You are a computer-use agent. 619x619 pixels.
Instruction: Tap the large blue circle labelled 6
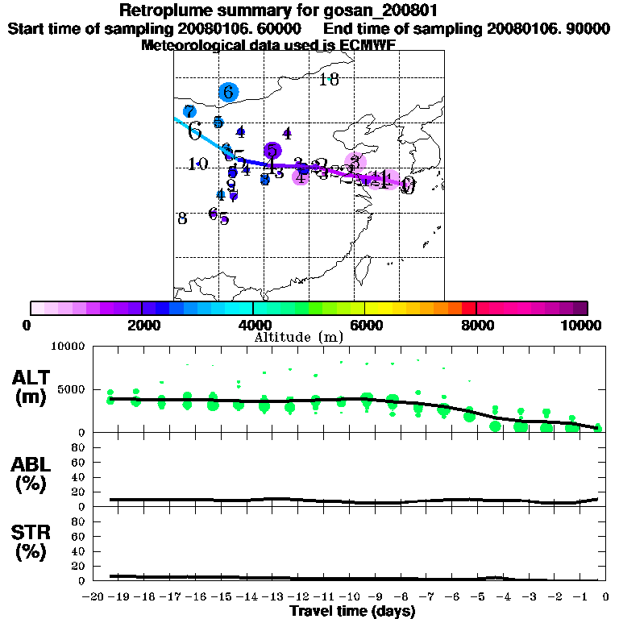click(x=229, y=92)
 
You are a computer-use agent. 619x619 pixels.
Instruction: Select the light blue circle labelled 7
click(x=189, y=112)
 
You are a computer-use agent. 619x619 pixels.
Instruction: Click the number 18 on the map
click(x=328, y=79)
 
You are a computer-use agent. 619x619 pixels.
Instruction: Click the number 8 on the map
click(x=183, y=218)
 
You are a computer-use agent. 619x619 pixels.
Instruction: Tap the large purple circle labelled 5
click(x=272, y=150)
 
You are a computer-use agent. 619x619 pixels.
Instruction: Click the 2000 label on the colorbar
click(x=142, y=326)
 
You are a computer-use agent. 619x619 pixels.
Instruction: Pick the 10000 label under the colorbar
click(x=582, y=326)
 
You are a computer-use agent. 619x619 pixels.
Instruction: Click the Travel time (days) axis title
click(x=352, y=611)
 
